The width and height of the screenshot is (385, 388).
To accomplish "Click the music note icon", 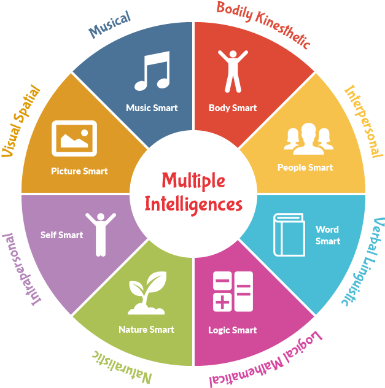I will point(152,72).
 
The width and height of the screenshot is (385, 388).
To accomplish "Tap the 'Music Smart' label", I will point(152,108).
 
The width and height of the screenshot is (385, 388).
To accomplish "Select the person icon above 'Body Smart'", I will point(233,71).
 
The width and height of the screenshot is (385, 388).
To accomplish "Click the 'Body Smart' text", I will point(233,108).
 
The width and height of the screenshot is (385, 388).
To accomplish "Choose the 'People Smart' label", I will point(305,168).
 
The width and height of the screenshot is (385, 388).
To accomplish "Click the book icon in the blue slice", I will point(289,235).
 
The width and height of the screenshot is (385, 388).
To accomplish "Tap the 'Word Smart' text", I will point(327,235).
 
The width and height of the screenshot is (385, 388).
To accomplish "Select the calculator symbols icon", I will point(233,291).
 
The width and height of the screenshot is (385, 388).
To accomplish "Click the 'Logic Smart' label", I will point(232,330).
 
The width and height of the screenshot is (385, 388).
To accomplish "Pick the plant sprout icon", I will point(146,293).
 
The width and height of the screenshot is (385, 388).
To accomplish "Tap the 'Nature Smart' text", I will point(146,330).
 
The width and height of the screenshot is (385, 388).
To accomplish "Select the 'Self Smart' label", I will point(61,235).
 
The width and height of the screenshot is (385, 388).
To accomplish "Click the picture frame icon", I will point(74,138).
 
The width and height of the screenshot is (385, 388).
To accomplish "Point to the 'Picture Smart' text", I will point(79,171).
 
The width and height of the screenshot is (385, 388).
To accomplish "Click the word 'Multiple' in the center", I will point(193,180).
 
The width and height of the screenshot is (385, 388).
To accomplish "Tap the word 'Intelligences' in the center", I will point(193,204).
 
